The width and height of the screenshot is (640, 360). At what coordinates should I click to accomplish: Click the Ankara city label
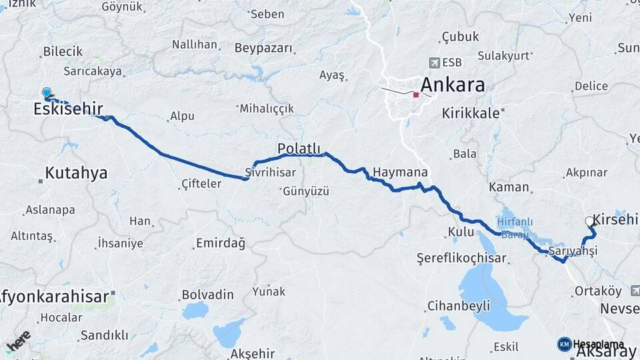pos(453,85)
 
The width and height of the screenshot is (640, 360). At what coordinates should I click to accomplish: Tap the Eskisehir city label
pos(68,109)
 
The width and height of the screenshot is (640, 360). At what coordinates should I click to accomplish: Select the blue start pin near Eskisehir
pos(46,93)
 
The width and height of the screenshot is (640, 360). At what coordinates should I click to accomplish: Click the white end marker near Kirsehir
pos(589,221)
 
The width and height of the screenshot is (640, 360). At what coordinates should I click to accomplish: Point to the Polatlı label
pos(299,149)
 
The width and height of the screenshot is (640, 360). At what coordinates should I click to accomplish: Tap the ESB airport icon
pos(435,63)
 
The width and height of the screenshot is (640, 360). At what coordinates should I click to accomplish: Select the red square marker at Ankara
pos(417,95)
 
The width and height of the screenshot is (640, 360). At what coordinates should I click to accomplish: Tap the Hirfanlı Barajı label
pos(513,227)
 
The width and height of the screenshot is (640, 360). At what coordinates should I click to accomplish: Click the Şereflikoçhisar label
pos(463,257)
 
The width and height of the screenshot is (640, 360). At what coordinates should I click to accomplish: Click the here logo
pos(18,340)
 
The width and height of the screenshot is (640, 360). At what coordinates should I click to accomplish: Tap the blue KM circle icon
pos(564,344)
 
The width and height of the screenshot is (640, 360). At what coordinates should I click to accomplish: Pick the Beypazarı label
pos(263,48)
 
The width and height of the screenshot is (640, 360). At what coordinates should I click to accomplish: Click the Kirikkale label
pos(471,113)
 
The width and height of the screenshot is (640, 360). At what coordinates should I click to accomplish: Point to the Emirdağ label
pos(220,243)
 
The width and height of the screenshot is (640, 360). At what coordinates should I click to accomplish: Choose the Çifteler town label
pos(201,183)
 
